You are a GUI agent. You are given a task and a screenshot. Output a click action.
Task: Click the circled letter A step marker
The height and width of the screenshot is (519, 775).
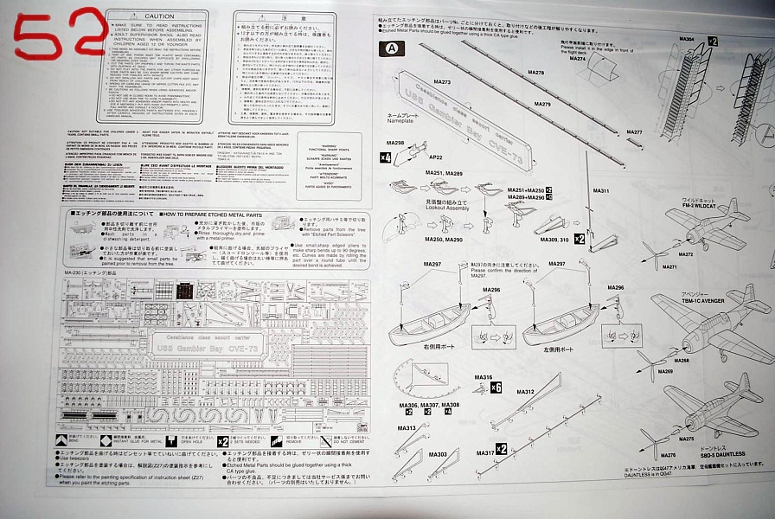click(x=394, y=48)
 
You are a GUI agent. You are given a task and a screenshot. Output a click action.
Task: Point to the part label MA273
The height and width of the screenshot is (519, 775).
click(x=441, y=82)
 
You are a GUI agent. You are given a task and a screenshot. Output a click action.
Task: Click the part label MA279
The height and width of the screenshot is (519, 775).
click(x=542, y=104)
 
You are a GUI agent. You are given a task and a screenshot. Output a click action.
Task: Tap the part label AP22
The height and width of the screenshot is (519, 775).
click(x=435, y=158)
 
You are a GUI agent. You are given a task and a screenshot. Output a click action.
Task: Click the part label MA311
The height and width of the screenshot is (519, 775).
click(x=601, y=191)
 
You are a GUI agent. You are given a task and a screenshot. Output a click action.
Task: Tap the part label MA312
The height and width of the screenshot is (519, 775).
click(x=526, y=392)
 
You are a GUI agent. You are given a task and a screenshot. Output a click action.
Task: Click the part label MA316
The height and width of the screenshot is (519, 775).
click(x=483, y=378)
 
